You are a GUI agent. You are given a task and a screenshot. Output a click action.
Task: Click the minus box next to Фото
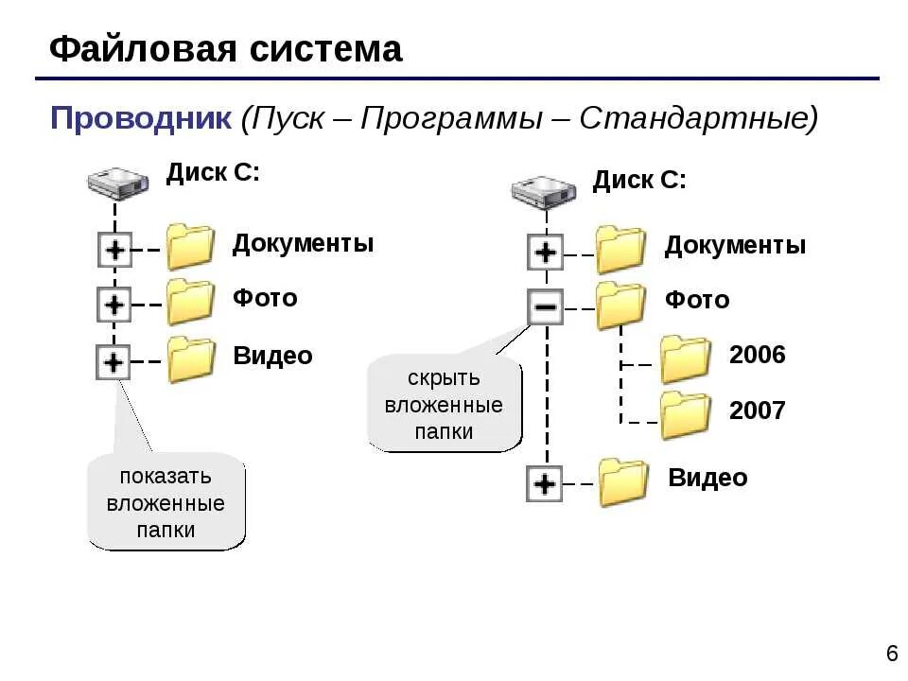click(545, 306)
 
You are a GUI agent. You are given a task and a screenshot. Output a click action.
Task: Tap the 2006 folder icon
click(685, 359)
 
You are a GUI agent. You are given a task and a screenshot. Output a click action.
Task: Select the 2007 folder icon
click(685, 414)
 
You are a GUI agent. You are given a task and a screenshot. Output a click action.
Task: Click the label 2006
click(757, 356)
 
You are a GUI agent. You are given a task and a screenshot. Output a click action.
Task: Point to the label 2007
click(757, 410)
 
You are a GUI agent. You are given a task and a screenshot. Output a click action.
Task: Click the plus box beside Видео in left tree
click(113, 361)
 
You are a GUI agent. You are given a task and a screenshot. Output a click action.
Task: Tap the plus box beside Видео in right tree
click(544, 484)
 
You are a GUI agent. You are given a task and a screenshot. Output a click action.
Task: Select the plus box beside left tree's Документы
click(114, 251)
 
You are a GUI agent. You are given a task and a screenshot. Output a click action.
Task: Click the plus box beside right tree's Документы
click(545, 253)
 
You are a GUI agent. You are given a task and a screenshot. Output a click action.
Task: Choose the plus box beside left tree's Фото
click(114, 305)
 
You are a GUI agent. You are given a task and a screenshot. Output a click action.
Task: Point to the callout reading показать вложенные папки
click(166, 502)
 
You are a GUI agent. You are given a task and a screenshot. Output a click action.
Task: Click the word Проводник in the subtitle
click(140, 119)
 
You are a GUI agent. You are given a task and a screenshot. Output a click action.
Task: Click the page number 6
click(892, 654)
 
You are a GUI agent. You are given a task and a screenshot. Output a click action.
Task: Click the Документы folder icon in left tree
click(190, 247)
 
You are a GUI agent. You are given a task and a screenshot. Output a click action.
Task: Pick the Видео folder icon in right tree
click(623, 482)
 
